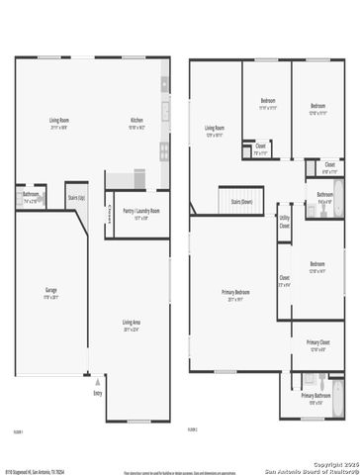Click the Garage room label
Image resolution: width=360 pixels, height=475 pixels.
tap(50, 294)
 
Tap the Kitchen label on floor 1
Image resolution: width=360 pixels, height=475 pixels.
tap(136, 123)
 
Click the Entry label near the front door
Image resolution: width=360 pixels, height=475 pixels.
tap(97, 393)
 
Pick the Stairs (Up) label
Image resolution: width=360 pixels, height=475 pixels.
tap(76, 196)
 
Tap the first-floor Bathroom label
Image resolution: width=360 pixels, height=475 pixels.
tap(31, 196)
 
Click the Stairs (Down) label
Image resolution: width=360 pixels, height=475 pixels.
tap(240, 201)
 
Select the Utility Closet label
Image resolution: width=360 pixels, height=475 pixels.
tap(284, 223)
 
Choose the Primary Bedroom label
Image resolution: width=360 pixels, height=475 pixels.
tap(234, 293)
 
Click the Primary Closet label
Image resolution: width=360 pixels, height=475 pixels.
tap(316, 343)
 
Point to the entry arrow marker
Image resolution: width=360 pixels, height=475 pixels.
tap(87, 376)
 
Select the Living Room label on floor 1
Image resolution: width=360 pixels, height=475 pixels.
tap(58, 123)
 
